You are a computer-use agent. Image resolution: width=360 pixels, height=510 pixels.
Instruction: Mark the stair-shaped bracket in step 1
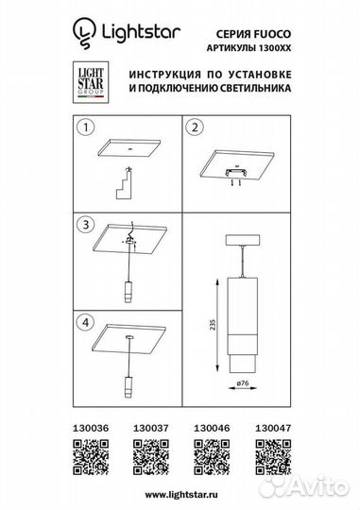coord(127,181)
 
